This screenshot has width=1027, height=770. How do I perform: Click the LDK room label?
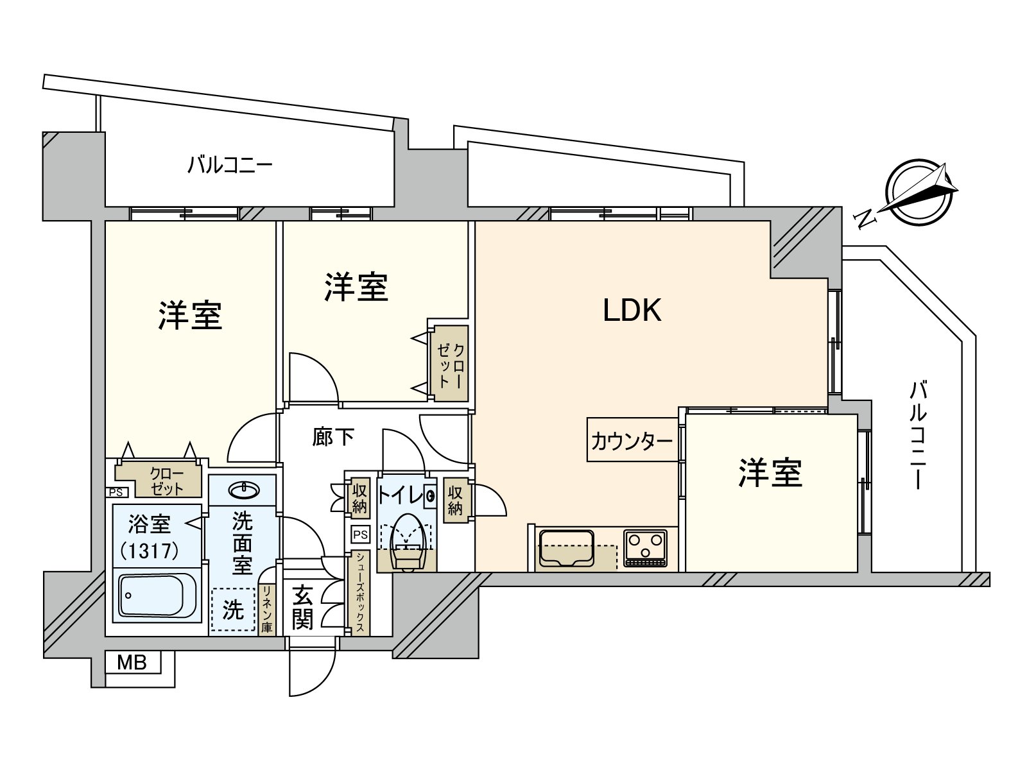tap(632, 311)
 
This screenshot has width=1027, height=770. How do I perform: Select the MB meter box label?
tap(132, 662)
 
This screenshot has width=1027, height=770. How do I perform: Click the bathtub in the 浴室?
tap(158, 595)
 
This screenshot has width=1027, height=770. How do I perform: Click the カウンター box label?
tap(632, 441)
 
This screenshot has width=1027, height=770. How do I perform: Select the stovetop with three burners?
tap(644, 548)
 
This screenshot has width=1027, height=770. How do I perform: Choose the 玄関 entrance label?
tap(302, 608)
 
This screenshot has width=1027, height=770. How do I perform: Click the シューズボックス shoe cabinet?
tap(361, 593)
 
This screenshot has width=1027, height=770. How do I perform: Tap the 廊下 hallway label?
tap(334, 437)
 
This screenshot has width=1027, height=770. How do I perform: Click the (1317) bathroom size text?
tap(150, 551)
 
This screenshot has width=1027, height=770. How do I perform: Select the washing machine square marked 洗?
tap(233, 610)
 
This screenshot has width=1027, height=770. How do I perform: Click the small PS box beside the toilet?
tap(361, 535)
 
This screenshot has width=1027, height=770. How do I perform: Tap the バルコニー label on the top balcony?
tap(230, 166)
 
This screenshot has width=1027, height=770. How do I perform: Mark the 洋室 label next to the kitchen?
tap(770, 473)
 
